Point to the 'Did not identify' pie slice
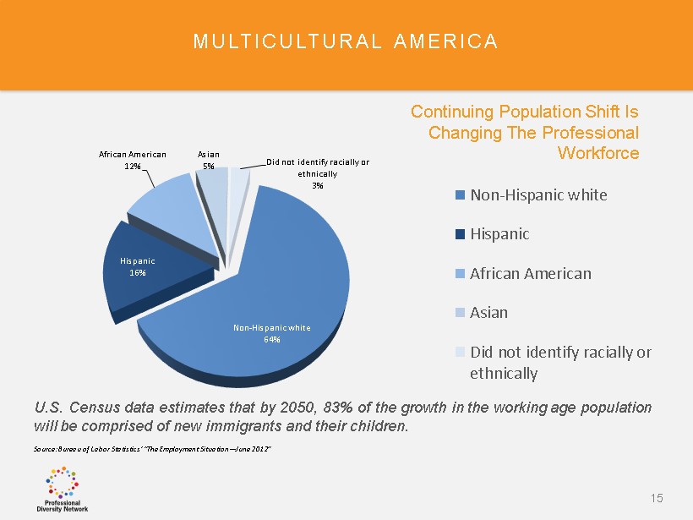point(240,178)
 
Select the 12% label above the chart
point(133,167)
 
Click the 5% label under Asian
point(208,167)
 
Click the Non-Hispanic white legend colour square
point(460,195)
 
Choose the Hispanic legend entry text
point(499,233)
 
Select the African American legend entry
point(531,273)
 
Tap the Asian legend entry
point(489,312)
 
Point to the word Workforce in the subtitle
point(598,153)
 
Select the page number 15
point(657,499)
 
